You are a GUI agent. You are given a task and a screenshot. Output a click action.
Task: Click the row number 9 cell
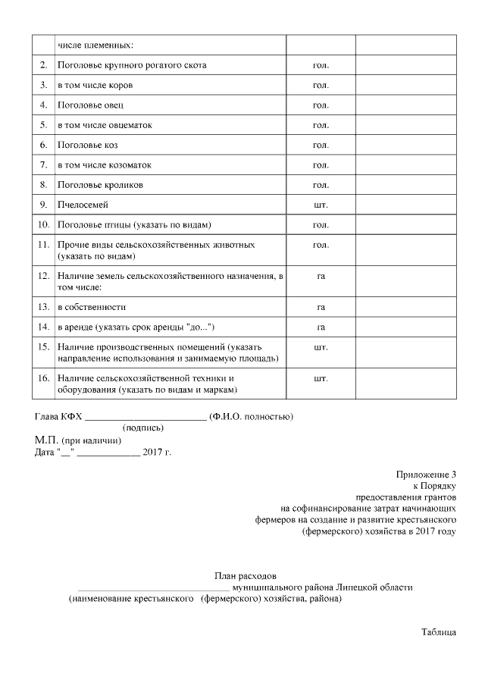(44, 205)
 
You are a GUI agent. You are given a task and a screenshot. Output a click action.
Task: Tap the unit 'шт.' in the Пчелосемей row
(321, 205)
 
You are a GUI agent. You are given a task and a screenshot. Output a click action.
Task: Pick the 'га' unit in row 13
(321, 307)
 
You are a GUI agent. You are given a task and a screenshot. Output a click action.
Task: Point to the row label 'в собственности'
(92, 307)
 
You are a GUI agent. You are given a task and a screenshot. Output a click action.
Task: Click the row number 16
(44, 377)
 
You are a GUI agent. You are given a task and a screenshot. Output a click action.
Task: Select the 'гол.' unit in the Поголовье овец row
(321, 105)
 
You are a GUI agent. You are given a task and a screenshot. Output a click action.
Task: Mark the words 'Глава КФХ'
(58, 417)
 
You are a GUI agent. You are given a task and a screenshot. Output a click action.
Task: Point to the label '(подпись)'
(143, 428)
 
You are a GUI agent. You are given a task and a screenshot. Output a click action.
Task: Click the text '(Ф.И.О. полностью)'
(252, 417)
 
